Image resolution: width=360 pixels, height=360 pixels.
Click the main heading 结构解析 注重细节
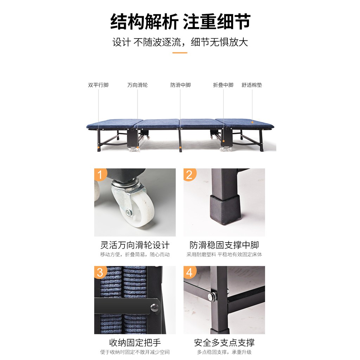pyautogui.click(x=180, y=22)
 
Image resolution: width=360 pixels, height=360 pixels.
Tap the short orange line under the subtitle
pyautogui.click(x=180, y=53)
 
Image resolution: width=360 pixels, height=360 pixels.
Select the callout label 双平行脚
pyautogui.click(x=98, y=85)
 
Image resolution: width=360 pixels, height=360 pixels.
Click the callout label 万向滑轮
pyautogui.click(x=137, y=85)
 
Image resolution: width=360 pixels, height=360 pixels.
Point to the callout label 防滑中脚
pyautogui.click(x=180, y=85)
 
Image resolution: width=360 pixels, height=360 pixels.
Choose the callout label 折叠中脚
pyautogui.click(x=223, y=85)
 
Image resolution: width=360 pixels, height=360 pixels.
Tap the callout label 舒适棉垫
pyautogui.click(x=252, y=85)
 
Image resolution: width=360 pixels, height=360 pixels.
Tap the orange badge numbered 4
pyautogui.click(x=189, y=272)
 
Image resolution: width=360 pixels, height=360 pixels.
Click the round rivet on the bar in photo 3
pyautogui.click(x=154, y=307)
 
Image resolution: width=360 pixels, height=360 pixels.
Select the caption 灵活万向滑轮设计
pyautogui.click(x=135, y=245)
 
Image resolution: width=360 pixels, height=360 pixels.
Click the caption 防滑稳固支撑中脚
pyautogui.click(x=224, y=245)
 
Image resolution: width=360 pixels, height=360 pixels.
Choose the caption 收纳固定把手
pyautogui.click(x=135, y=343)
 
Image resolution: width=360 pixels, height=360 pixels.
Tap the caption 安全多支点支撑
pyautogui.click(x=224, y=343)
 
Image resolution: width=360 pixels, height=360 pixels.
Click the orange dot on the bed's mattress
pyautogui.click(x=252, y=122)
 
